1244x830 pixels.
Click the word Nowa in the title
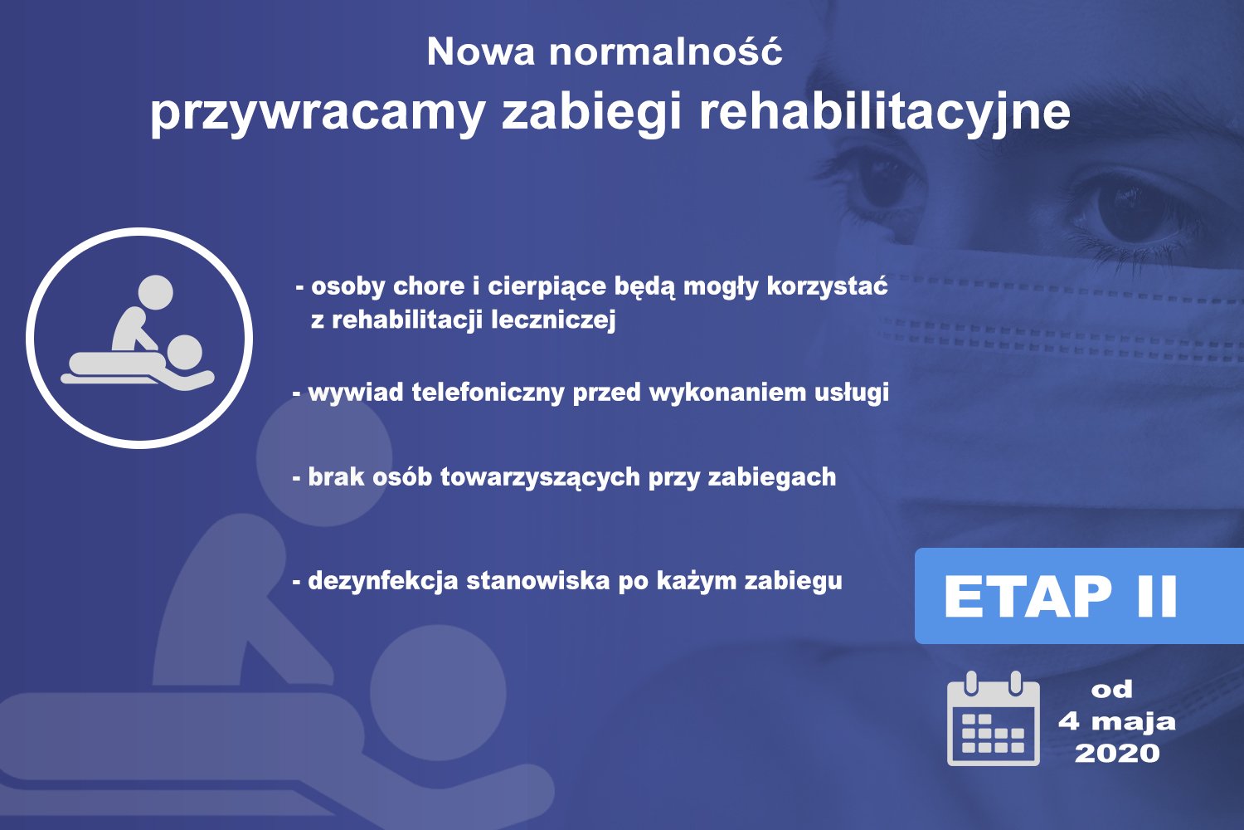click(x=480, y=52)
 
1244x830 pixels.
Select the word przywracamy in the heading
click(x=318, y=115)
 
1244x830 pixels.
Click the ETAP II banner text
click(x=1060, y=596)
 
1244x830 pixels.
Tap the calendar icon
click(x=993, y=718)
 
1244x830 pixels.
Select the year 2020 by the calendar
click(x=1117, y=754)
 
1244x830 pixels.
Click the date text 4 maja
click(x=1117, y=722)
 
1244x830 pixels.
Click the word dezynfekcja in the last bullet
click(x=382, y=582)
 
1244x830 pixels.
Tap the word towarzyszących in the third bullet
click(x=540, y=477)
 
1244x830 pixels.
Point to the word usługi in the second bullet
click(x=852, y=393)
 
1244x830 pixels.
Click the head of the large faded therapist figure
click(x=324, y=458)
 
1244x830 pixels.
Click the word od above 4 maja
click(x=1111, y=690)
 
